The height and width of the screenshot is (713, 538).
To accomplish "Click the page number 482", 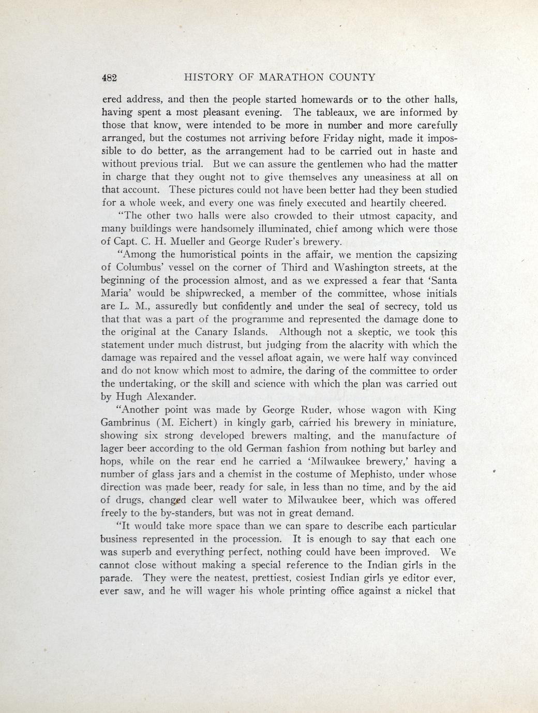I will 110,78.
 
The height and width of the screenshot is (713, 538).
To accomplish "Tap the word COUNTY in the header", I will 351,78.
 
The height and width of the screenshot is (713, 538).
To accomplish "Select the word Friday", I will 341,138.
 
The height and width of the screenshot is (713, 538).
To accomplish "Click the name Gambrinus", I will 123,423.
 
